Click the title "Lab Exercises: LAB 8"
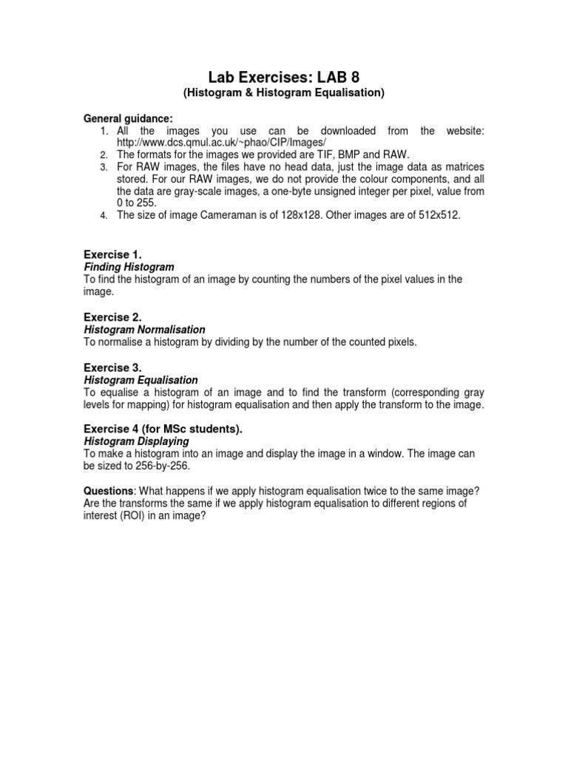point(284,76)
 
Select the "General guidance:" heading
point(128,118)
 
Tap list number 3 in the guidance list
point(104,168)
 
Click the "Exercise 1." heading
point(112,254)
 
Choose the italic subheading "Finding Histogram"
point(129,266)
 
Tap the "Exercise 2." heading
point(112,317)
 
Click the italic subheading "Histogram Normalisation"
point(144,329)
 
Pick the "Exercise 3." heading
point(112,367)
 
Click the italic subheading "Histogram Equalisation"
point(141,380)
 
